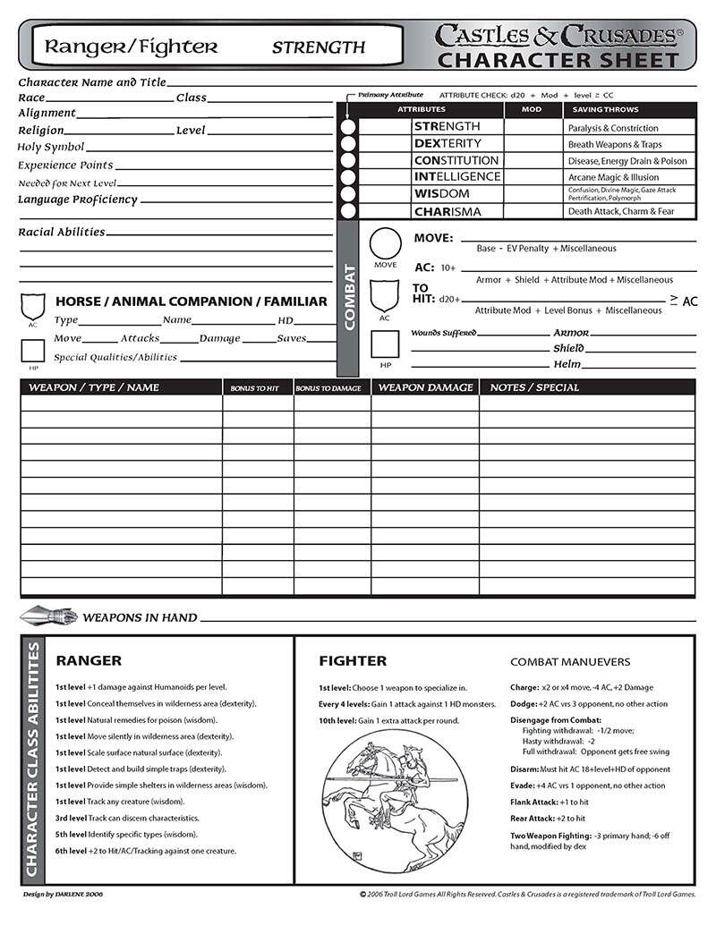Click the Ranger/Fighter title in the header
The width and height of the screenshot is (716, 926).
point(132,47)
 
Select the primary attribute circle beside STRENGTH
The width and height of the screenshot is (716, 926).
point(348,127)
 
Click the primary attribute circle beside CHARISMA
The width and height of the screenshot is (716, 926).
point(348,212)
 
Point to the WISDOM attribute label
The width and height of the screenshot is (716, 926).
point(441,194)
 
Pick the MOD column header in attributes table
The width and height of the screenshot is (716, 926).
point(531,109)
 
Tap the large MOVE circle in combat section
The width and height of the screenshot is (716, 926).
point(385,243)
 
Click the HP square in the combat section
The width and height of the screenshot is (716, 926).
point(385,344)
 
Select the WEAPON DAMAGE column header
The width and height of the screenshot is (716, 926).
point(425,387)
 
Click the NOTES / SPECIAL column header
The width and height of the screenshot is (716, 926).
point(534,387)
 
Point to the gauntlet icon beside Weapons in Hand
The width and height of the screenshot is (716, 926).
point(47,616)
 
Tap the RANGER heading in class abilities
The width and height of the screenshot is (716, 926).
point(89,661)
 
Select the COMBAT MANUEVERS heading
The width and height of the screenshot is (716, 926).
point(570,662)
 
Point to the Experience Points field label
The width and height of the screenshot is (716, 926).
point(65,166)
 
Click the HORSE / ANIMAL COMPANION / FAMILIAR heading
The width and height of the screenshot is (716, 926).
point(192,302)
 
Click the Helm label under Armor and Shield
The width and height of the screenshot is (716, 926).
point(567,364)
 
